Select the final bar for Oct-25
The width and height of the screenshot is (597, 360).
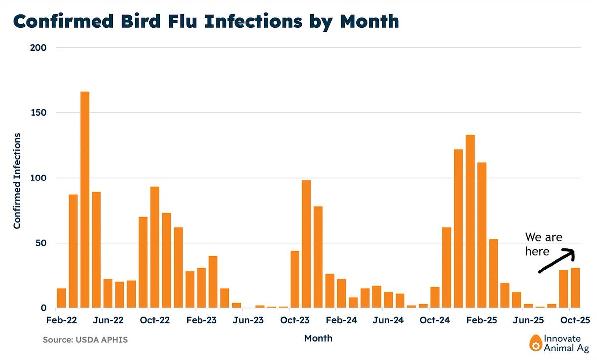pos(575,288)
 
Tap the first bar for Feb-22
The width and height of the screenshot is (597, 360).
pos(61,298)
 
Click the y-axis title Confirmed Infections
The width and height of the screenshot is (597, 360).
pos(17,180)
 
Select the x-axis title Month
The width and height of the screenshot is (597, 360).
pos(318,339)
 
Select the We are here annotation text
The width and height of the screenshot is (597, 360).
pos(543,244)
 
